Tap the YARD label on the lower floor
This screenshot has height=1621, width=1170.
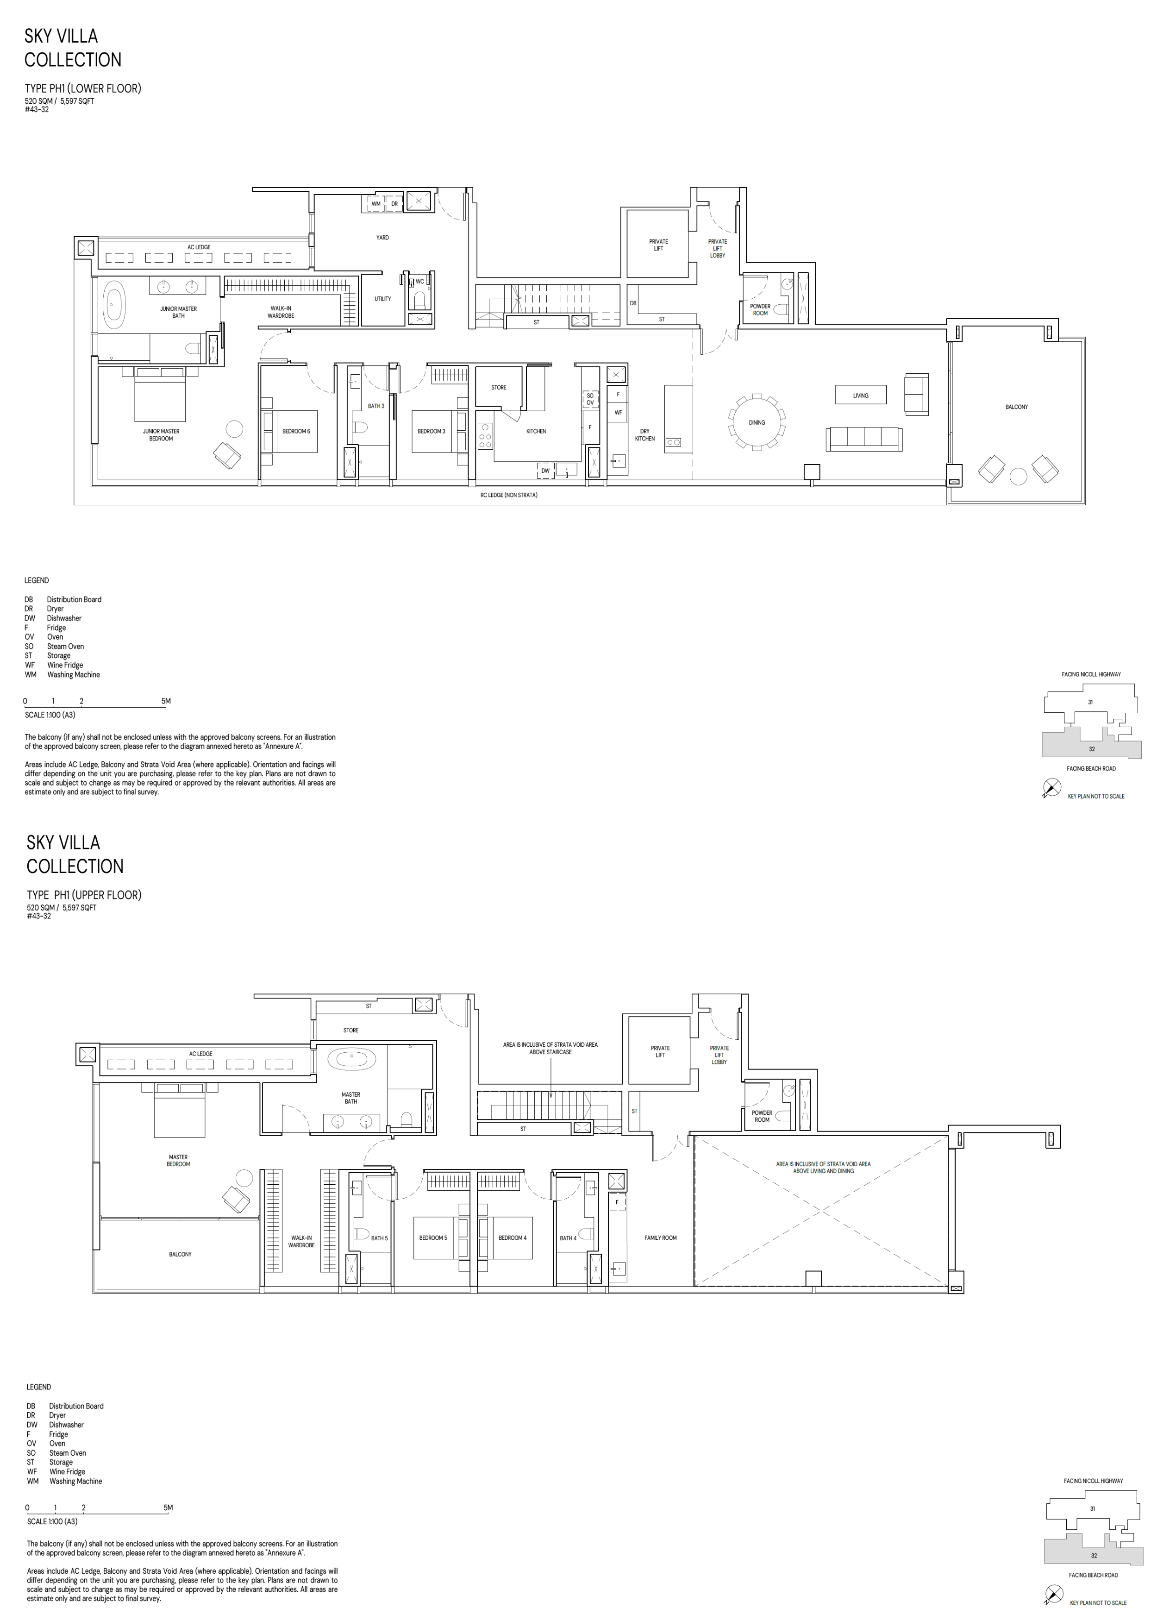click(382, 237)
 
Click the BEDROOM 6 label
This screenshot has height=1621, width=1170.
click(296, 431)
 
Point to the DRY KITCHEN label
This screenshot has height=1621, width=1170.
click(644, 434)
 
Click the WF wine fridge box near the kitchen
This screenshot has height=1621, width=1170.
click(618, 412)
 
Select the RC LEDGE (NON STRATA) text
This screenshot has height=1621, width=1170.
click(508, 495)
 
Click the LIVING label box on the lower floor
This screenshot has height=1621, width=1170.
click(861, 395)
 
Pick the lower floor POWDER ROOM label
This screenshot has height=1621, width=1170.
click(760, 309)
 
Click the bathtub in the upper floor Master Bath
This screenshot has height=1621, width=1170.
click(351, 1058)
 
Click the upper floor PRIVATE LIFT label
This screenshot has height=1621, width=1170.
click(660, 1051)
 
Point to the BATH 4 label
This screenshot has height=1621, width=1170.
click(568, 1238)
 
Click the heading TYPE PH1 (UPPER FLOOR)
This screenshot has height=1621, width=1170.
click(84, 895)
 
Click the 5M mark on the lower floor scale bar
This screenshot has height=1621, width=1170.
click(166, 701)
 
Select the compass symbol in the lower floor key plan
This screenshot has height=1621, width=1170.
click(1051, 788)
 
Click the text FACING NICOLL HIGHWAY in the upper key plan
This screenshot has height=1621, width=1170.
click(1091, 674)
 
